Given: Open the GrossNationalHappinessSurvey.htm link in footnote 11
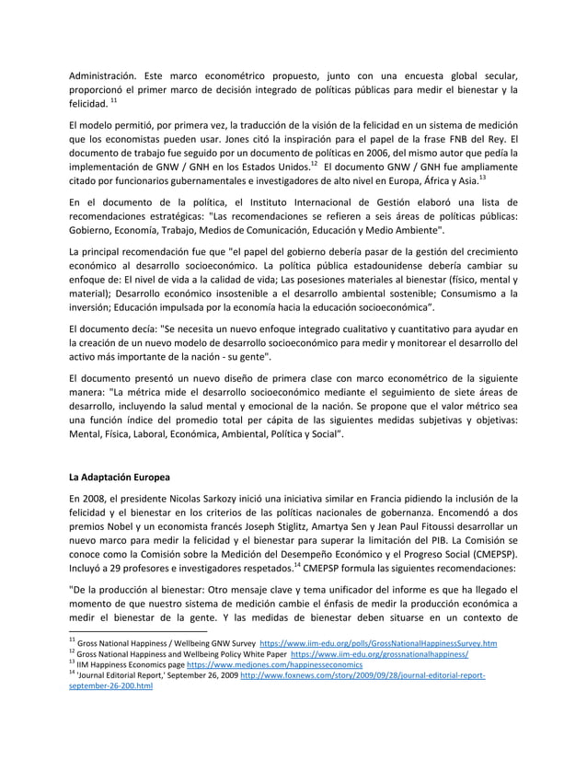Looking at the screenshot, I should [x=379, y=642].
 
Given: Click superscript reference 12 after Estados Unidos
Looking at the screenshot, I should [x=316, y=163].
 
